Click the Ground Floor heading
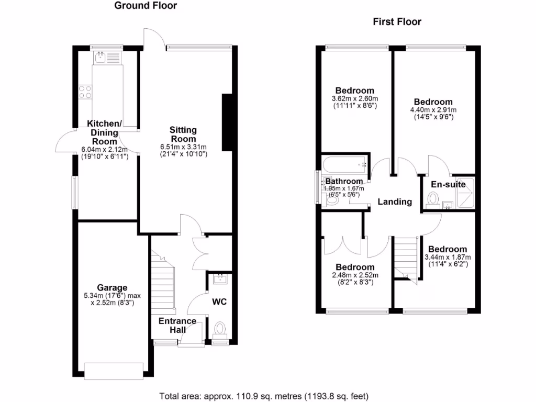146,6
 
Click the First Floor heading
397,22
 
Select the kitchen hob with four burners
85,92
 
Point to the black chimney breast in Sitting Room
227,122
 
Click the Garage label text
112,287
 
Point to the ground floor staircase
163,283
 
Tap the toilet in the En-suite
433,199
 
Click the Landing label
395,202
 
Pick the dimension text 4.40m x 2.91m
433,110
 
